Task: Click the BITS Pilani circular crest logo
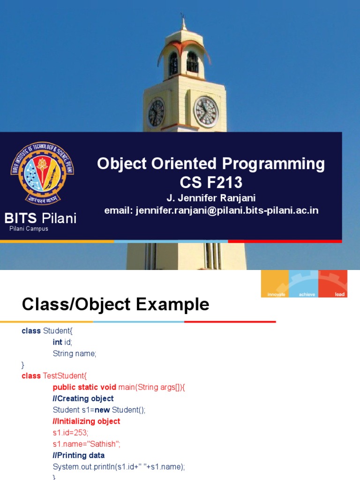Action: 42,173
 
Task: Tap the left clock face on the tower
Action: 156,113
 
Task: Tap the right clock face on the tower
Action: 206,112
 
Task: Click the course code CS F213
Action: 211,182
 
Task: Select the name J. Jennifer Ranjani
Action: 211,198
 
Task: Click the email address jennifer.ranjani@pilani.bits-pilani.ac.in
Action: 211,210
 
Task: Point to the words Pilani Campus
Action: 29,229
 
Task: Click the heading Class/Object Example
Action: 115,305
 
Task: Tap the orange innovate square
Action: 275,284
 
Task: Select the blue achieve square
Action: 303,284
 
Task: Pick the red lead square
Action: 333,284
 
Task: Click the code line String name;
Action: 75,353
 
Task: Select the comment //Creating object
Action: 83,398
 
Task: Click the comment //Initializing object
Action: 86,421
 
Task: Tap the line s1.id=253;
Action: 70,432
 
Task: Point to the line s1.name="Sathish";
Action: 86,444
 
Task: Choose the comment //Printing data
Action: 78,455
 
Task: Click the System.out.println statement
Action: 119,466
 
